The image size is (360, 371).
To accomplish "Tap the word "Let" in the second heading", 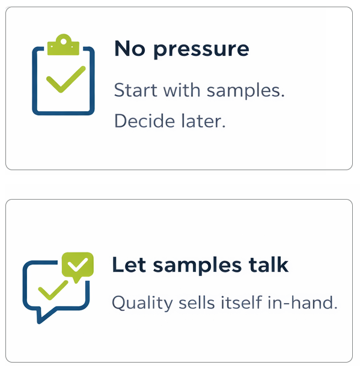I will pos(126,265).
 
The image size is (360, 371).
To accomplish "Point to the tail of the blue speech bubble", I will pos(41,316).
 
